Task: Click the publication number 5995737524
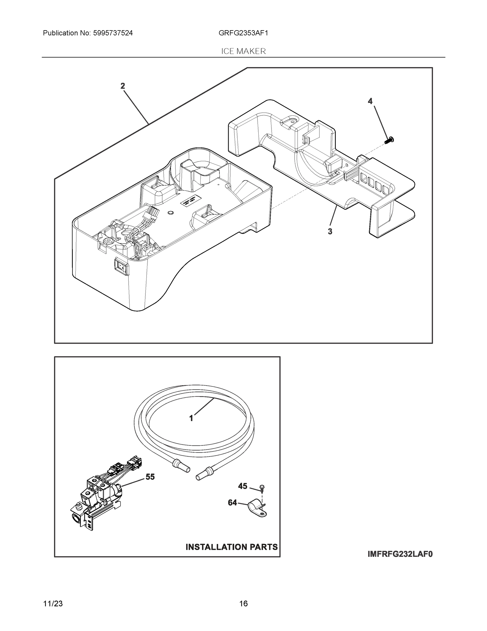pos(113,33)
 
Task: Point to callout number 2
pos(123,86)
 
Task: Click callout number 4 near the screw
pos(370,101)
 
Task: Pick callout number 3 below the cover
pos(330,231)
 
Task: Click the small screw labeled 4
pos(390,140)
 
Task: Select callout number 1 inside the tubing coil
pos(191,418)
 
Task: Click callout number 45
pos(243,486)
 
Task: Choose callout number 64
pos(232,503)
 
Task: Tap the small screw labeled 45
pos(262,488)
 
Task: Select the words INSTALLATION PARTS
pos(231,547)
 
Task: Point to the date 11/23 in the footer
pos(53,604)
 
